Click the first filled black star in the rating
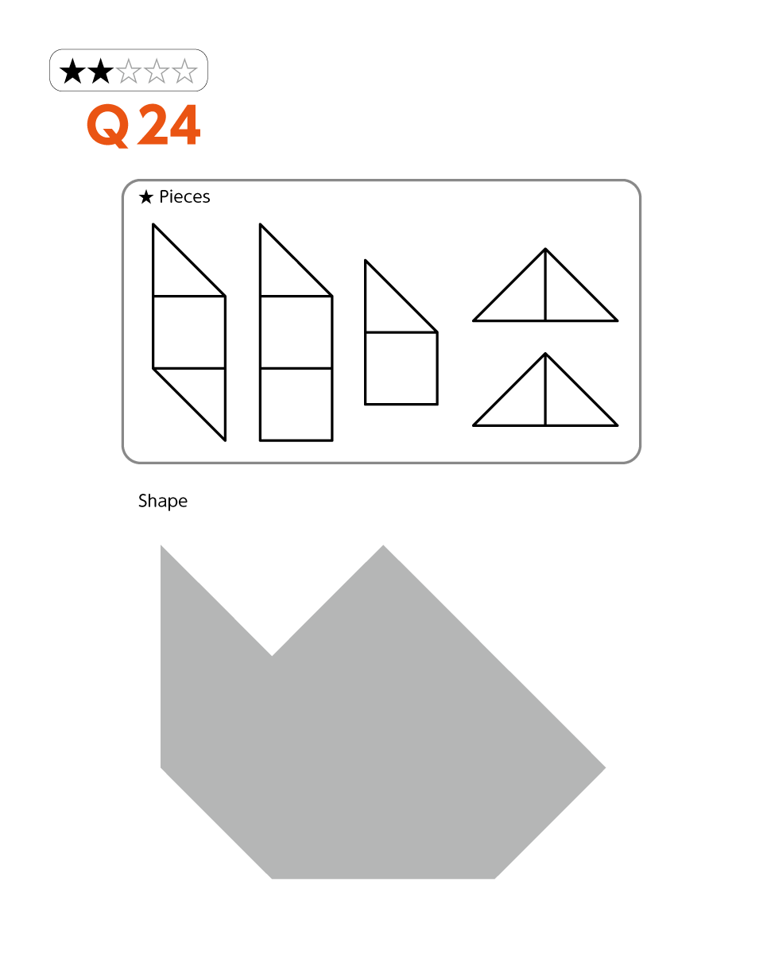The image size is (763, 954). pyautogui.click(x=72, y=71)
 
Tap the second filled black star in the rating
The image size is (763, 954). pyautogui.click(x=101, y=71)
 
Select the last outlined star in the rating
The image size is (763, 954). pyautogui.click(x=184, y=71)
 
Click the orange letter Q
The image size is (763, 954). pyautogui.click(x=109, y=126)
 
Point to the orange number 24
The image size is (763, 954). pyautogui.click(x=168, y=125)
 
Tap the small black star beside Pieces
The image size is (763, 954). pyautogui.click(x=146, y=197)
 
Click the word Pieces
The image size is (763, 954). pyautogui.click(x=184, y=197)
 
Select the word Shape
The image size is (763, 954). pyautogui.click(x=163, y=502)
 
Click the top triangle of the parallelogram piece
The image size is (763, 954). pyautogui.click(x=176, y=272)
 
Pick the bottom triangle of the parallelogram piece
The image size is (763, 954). pyautogui.click(x=201, y=393)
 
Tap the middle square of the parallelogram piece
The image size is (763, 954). pyautogui.click(x=189, y=332)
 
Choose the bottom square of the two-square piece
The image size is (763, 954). pyautogui.click(x=296, y=405)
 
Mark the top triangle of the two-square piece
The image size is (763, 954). pyautogui.click(x=284, y=272)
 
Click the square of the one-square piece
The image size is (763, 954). pyautogui.click(x=401, y=368)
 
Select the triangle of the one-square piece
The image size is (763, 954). pyautogui.click(x=389, y=308)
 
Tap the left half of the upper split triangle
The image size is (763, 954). pyautogui.click(x=521, y=296)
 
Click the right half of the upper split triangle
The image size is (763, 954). pyautogui.click(x=569, y=296)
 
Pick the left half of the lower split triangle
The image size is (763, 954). pyautogui.click(x=521, y=401)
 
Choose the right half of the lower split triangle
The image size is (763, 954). pyautogui.click(x=569, y=401)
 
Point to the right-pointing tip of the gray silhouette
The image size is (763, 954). pyautogui.click(x=605, y=768)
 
